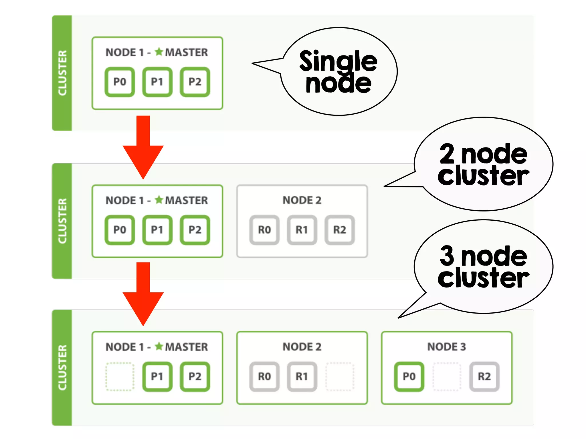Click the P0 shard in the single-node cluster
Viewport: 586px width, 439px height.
[x=120, y=82]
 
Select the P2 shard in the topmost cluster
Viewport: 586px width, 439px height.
[x=195, y=82]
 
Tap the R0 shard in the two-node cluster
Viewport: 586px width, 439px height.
[x=264, y=230]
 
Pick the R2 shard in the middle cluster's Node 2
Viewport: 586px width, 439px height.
[x=340, y=230]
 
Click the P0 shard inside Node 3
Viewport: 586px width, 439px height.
[x=409, y=376]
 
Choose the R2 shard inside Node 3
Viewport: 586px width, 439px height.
[x=484, y=376]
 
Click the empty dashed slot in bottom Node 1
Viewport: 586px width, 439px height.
[x=120, y=376]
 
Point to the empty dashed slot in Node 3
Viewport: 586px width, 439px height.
[x=447, y=376]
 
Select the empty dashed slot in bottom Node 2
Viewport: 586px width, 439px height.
[x=340, y=376]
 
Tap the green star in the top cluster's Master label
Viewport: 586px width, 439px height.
[x=159, y=52]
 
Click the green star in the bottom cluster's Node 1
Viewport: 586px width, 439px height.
[x=159, y=346]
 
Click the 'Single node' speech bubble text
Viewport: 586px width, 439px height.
[x=338, y=72]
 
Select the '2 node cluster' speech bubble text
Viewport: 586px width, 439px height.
[x=483, y=165]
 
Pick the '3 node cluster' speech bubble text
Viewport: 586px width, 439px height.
[x=483, y=267]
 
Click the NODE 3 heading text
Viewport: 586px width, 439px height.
[x=446, y=347]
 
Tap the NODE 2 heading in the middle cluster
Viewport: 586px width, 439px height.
[x=302, y=200]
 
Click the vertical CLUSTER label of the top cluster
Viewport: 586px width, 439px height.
[x=62, y=73]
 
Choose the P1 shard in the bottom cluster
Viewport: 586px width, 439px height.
[x=157, y=376]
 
